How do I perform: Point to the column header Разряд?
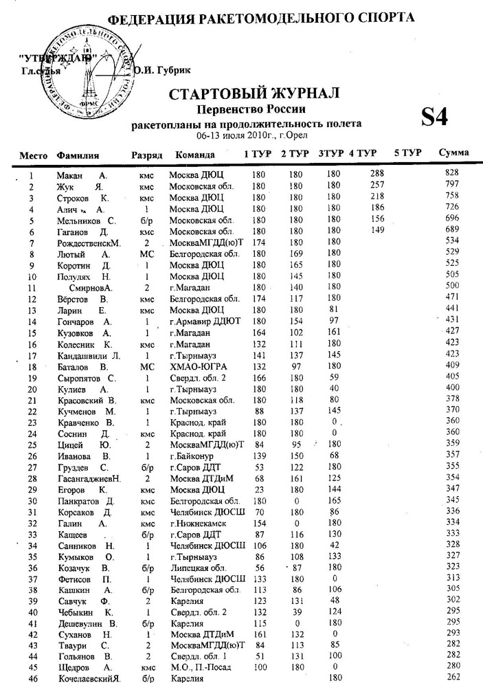coord(146,155)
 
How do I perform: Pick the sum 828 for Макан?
coord(451,171)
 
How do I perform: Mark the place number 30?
coord(31,500)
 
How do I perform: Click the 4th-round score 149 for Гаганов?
coord(377,231)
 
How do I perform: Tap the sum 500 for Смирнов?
coord(451,285)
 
